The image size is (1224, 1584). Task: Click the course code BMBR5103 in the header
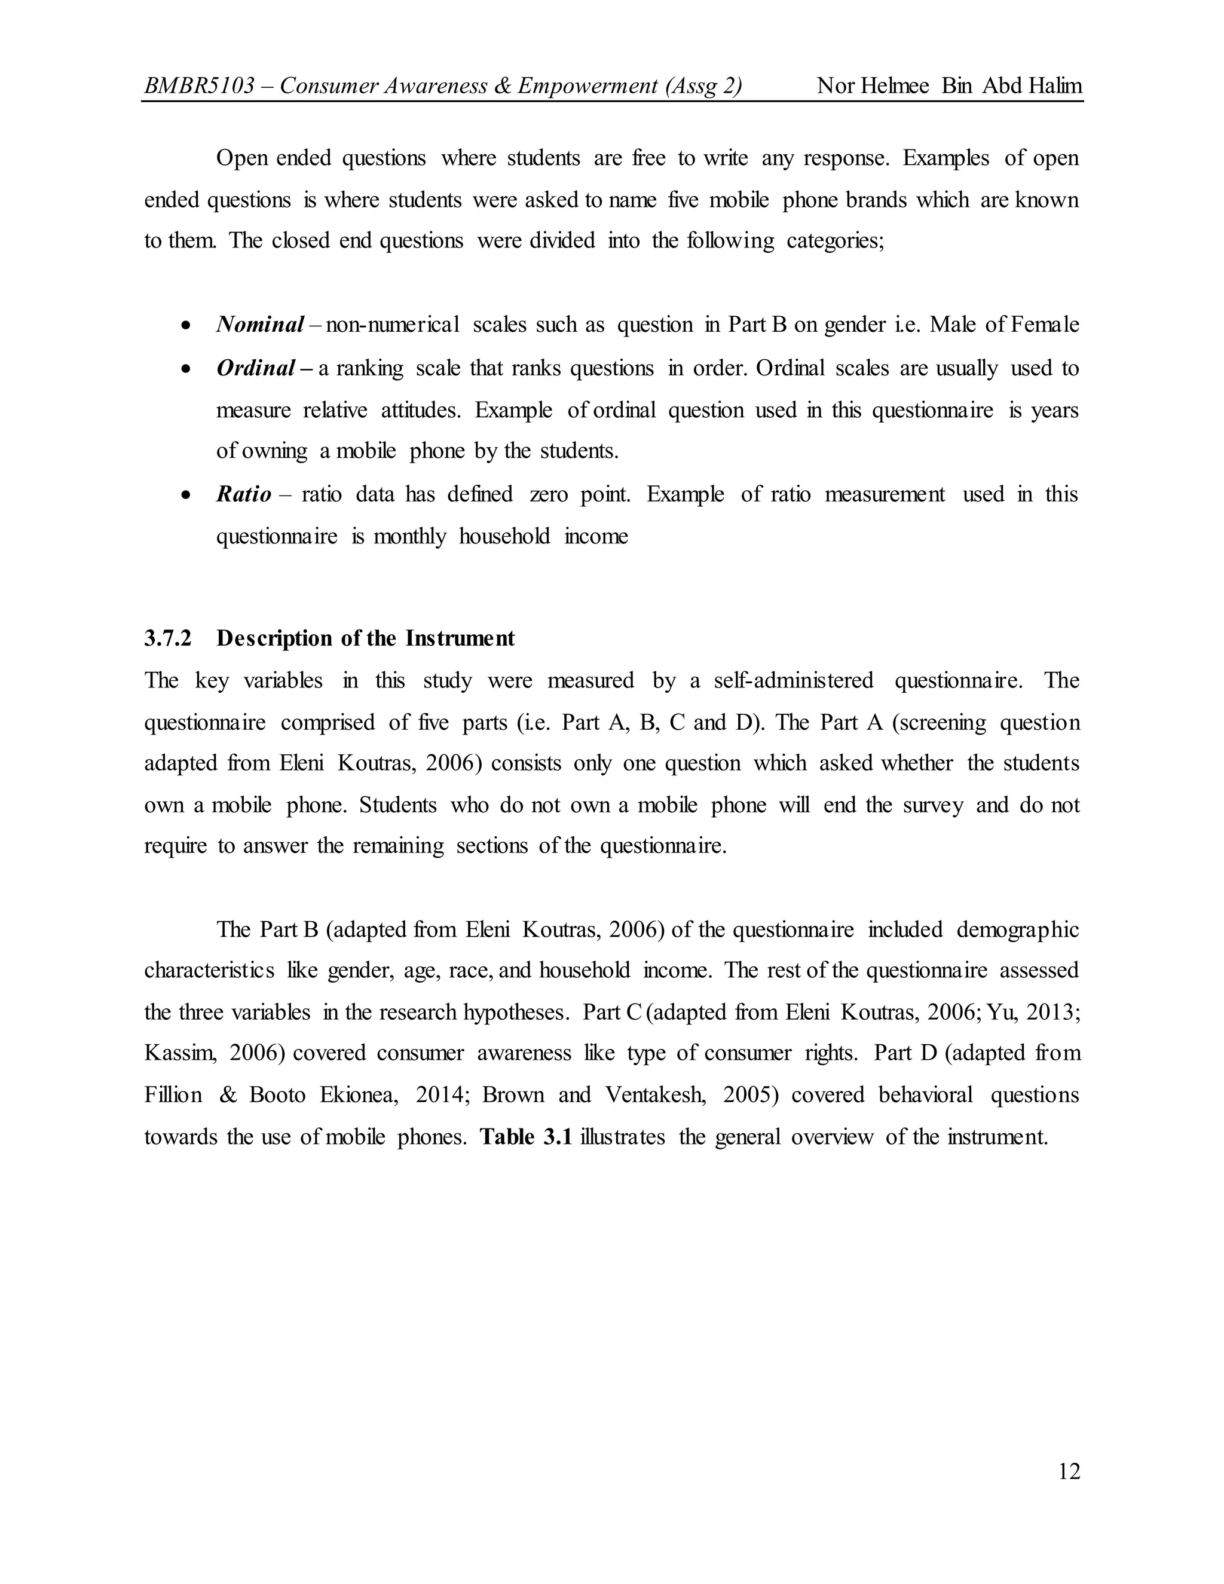[x=200, y=86]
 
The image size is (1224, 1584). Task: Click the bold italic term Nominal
[x=259, y=325]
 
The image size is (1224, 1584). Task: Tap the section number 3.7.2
[x=167, y=638]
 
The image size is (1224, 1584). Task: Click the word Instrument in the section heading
[x=460, y=638]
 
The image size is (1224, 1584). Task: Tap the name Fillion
[x=173, y=1094]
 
